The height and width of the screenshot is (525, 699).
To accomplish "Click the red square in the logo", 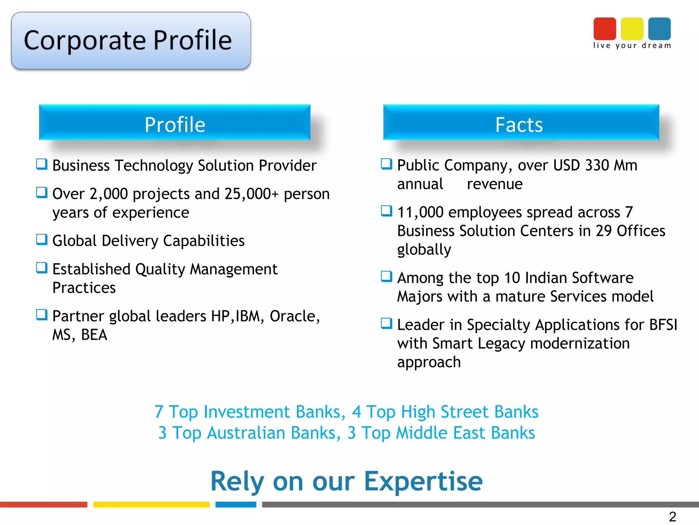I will pyautogui.click(x=604, y=29).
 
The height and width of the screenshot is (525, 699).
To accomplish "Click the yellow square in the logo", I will pyautogui.click(x=632, y=29).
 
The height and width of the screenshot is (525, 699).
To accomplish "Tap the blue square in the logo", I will pyautogui.click(x=659, y=29).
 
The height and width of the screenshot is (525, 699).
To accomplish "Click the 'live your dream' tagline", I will pyautogui.click(x=632, y=45).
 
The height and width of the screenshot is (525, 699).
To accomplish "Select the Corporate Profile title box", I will pyautogui.click(x=131, y=41).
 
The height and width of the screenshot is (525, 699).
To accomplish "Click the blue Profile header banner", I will pyautogui.click(x=174, y=123).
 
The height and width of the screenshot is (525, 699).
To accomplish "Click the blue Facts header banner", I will pyautogui.click(x=521, y=123).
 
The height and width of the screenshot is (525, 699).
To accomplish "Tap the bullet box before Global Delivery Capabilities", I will pyautogui.click(x=42, y=239).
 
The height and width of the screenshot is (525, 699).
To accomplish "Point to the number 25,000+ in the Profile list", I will pyautogui.click(x=252, y=194).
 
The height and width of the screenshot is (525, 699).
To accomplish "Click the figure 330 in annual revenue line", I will pyautogui.click(x=597, y=165).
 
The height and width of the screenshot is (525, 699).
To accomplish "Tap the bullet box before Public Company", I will pyautogui.click(x=386, y=164).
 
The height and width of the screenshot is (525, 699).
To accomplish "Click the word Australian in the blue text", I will pyautogui.click(x=246, y=433).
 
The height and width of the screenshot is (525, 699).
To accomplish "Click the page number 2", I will pyautogui.click(x=672, y=516).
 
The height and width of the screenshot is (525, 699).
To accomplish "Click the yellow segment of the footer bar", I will pyautogui.click(x=151, y=504).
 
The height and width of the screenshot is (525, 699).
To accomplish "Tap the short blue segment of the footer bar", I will pyautogui.click(x=236, y=504).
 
